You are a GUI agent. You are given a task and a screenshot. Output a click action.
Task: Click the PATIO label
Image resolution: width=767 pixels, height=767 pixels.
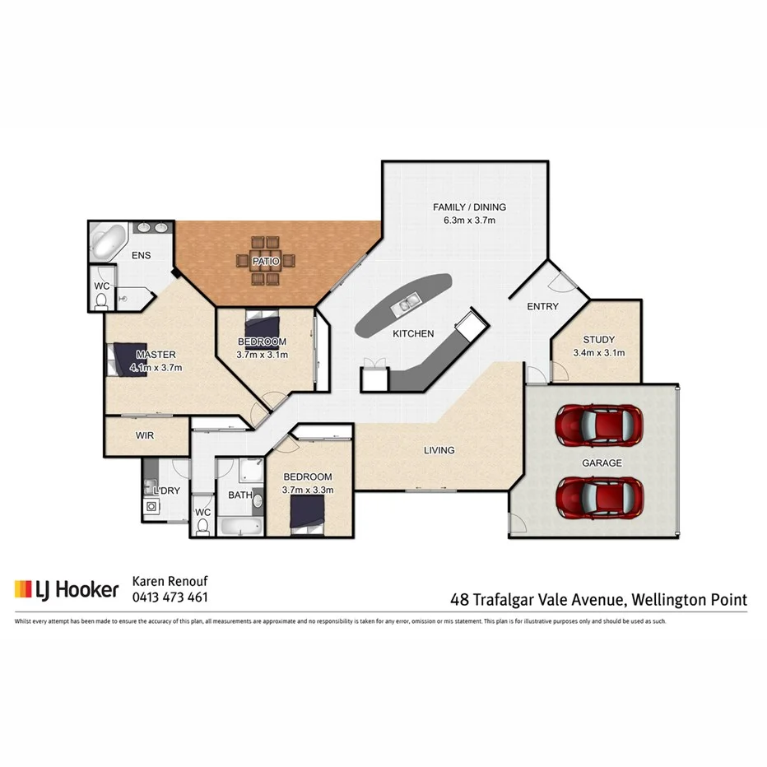[266, 261]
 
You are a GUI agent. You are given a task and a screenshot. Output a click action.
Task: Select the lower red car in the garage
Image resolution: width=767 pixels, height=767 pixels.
[598, 494]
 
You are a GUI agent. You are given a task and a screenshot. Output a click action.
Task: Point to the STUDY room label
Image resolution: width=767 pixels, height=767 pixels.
[598, 339]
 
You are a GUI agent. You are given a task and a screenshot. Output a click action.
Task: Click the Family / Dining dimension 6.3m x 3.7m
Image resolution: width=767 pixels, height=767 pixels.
[469, 220]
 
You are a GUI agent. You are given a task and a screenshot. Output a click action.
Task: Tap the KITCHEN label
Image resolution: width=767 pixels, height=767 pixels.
[412, 333]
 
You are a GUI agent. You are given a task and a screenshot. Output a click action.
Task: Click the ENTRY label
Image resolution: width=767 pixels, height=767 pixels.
[542, 306]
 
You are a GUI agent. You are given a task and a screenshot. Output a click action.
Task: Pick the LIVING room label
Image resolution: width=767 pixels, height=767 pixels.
[439, 450]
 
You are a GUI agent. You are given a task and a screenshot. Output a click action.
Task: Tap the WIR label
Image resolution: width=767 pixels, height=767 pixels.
[145, 435]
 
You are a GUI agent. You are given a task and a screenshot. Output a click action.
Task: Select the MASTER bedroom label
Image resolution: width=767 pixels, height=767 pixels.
[156, 355]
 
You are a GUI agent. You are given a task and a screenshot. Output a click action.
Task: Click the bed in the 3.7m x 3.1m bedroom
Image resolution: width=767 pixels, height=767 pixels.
[263, 323]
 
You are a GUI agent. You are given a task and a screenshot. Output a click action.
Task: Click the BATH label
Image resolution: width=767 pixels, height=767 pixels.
[239, 495]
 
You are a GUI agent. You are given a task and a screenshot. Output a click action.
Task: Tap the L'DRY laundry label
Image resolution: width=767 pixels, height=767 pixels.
[166, 490]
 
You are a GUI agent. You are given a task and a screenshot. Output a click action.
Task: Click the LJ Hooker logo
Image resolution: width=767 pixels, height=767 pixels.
[67, 589]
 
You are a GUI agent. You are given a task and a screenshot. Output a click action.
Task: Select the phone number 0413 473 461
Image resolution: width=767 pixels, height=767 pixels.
[170, 597]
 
